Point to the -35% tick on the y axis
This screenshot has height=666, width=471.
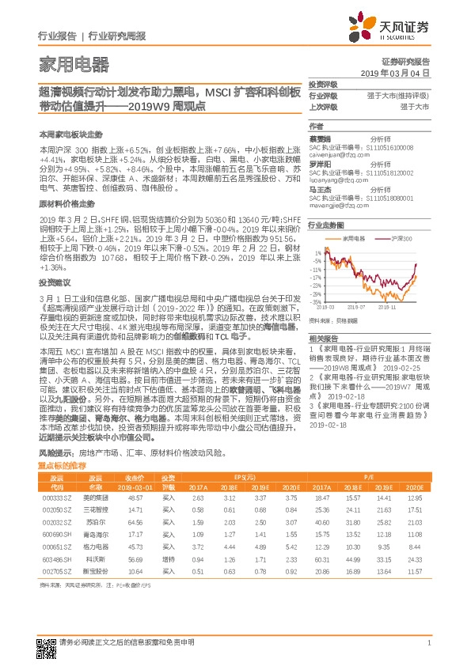pyautogui.click(x=316, y=302)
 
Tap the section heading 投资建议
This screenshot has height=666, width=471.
pyautogui.click(x=54, y=304)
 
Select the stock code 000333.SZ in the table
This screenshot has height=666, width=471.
pyautogui.click(x=57, y=498)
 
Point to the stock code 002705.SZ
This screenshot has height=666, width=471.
pyautogui.click(x=57, y=570)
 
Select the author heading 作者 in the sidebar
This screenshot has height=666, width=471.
pyautogui.click(x=316, y=127)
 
